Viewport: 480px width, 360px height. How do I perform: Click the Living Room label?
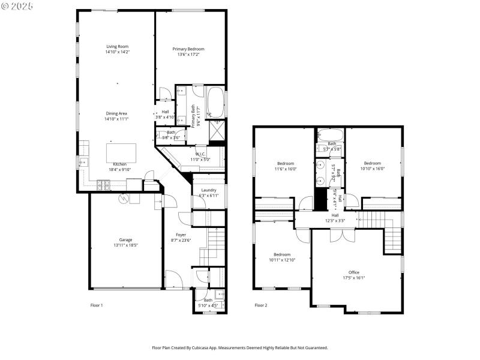point(118,47)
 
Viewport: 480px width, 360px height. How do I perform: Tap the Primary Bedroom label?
point(188,49)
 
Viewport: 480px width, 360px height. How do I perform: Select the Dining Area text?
point(117,113)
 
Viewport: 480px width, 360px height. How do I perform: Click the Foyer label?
point(181,235)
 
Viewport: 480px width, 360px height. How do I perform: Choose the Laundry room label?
point(208,190)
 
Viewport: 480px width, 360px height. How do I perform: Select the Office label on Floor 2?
point(354,272)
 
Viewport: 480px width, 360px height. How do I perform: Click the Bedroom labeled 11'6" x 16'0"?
point(286,164)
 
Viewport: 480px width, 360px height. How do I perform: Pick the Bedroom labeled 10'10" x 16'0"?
point(372,163)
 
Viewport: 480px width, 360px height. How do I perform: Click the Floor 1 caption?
point(97,305)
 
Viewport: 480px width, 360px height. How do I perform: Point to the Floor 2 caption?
point(260,305)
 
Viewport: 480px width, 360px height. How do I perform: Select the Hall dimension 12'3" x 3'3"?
point(335,221)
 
